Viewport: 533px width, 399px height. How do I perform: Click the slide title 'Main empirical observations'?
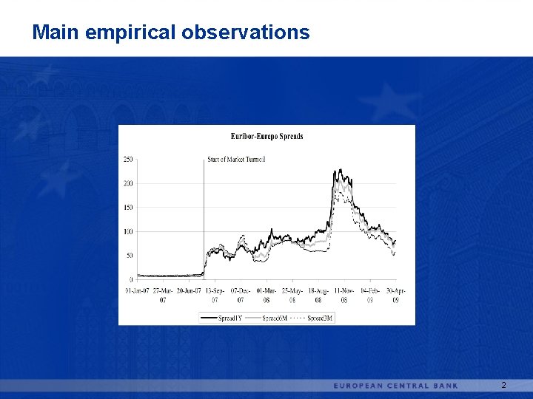pyautogui.click(x=171, y=33)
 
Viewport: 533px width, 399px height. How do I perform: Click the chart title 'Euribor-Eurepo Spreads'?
pyautogui.click(x=266, y=136)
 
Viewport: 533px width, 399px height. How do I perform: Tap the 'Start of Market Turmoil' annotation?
pyautogui.click(x=236, y=159)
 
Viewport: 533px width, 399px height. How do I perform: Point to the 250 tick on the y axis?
pyautogui.click(x=128, y=159)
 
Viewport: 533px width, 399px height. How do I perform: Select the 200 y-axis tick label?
pyautogui.click(x=128, y=183)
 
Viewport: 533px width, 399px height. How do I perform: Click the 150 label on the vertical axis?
pyautogui.click(x=128, y=208)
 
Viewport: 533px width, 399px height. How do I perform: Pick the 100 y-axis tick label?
pyautogui.click(x=128, y=232)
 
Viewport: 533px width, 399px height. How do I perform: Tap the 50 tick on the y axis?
pyautogui.click(x=130, y=256)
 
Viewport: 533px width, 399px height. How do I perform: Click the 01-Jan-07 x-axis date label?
pyautogui.click(x=137, y=290)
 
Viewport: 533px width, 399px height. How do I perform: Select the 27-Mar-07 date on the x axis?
pyautogui.click(x=163, y=295)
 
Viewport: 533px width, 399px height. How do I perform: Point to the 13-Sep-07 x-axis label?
pyautogui.click(x=215, y=295)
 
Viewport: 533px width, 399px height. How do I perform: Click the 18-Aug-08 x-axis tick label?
pyautogui.click(x=318, y=295)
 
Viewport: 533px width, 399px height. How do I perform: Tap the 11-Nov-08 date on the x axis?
pyautogui.click(x=344, y=295)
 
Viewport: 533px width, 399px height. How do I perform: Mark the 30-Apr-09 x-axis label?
pyautogui.click(x=395, y=295)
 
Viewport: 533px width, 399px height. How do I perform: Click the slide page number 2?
pyautogui.click(x=503, y=386)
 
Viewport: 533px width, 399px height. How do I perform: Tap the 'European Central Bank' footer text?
pyautogui.click(x=396, y=386)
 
